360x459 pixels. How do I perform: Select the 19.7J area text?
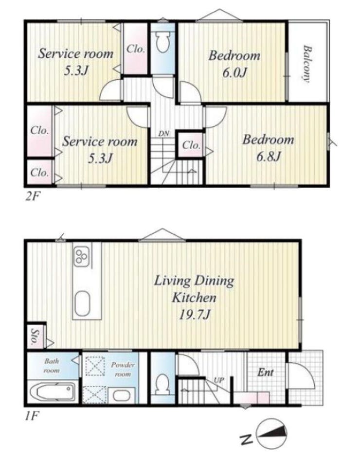coord(195,315)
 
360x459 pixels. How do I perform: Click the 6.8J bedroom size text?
coord(269,157)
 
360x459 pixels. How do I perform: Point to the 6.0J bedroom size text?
coord(234,72)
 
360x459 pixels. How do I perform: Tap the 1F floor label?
coord(31,416)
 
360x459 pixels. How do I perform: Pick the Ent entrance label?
coord(266,372)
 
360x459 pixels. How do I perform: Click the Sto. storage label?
coord(36,337)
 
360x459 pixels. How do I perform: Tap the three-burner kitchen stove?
coord(81,257)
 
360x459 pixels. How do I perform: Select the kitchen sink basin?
coord(82,303)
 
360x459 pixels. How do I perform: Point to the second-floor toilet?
coord(162,42)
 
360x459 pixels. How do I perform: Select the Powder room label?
coord(123,370)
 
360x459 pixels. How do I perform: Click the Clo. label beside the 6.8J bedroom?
coord(191,145)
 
